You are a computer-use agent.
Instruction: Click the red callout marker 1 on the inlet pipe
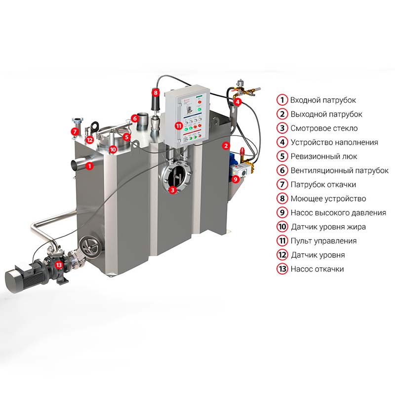pyautogui.click(x=89, y=166)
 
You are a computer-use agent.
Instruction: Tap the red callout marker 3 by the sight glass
pyautogui.click(x=172, y=190)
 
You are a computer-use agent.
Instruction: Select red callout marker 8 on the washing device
pyautogui.click(x=156, y=93)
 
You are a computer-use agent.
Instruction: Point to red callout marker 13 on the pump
pyautogui.click(x=59, y=265)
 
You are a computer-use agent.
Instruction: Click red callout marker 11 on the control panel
pyautogui.click(x=179, y=126)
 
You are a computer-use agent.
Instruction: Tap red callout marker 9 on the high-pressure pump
pyautogui.click(x=236, y=179)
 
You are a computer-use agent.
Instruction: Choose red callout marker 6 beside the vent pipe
pyautogui.click(x=135, y=118)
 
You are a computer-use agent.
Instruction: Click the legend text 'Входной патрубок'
pyautogui.click(x=323, y=100)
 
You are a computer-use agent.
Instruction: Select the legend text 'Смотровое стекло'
pyautogui.click(x=324, y=128)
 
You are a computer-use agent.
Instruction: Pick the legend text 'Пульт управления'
pyautogui.click(x=323, y=241)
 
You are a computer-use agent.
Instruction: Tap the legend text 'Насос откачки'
pyautogui.click(x=317, y=269)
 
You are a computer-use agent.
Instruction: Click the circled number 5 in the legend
pyautogui.click(x=282, y=156)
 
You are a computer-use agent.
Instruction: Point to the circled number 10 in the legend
pyautogui.click(x=282, y=227)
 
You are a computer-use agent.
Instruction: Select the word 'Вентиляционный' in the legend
pyautogui.click(x=318, y=170)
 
